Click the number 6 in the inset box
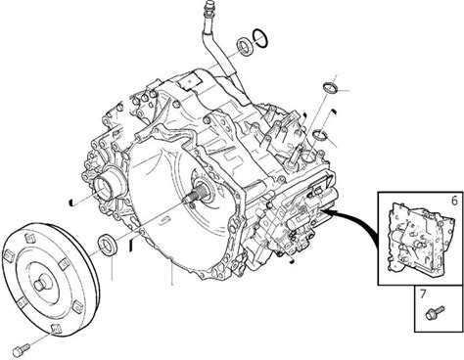(x=454, y=201)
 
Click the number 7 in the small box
(x=423, y=294)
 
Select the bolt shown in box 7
(x=436, y=312)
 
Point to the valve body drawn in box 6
(x=420, y=238)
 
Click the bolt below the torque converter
(x=22, y=350)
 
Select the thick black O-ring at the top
(x=260, y=38)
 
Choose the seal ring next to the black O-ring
(x=245, y=46)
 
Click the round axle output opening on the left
(x=105, y=186)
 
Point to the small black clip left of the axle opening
(x=71, y=202)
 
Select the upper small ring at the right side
(x=330, y=88)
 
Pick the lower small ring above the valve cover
(x=320, y=135)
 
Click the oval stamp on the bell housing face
(x=164, y=220)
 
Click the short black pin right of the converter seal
(x=130, y=245)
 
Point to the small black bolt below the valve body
(x=292, y=260)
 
